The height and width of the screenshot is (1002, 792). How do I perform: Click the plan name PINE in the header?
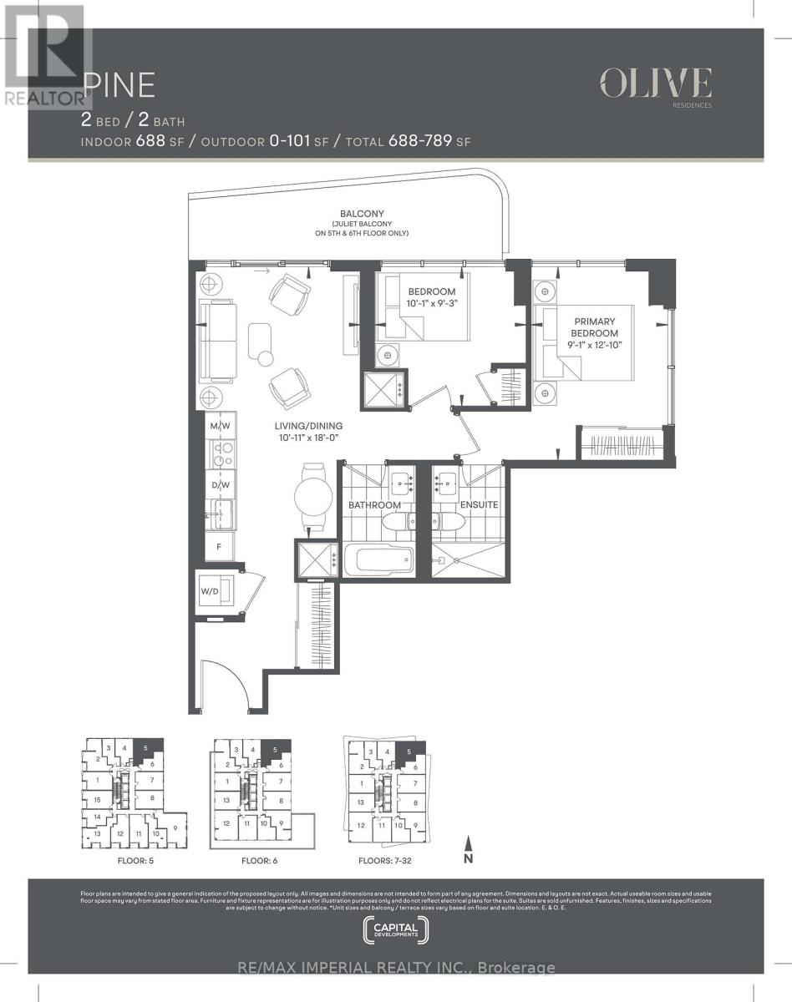[119, 86]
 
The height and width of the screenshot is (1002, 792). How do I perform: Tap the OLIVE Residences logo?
[655, 85]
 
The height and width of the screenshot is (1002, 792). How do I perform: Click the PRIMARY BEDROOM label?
[594, 327]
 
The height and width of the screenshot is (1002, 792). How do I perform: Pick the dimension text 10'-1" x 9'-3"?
[432, 302]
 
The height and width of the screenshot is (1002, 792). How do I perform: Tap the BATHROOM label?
[375, 505]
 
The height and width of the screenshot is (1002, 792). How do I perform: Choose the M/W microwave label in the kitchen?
[221, 428]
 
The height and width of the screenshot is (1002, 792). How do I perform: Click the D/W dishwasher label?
[221, 484]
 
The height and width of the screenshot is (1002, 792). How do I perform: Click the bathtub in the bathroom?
[378, 559]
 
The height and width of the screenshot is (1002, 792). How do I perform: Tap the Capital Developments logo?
[396, 929]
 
